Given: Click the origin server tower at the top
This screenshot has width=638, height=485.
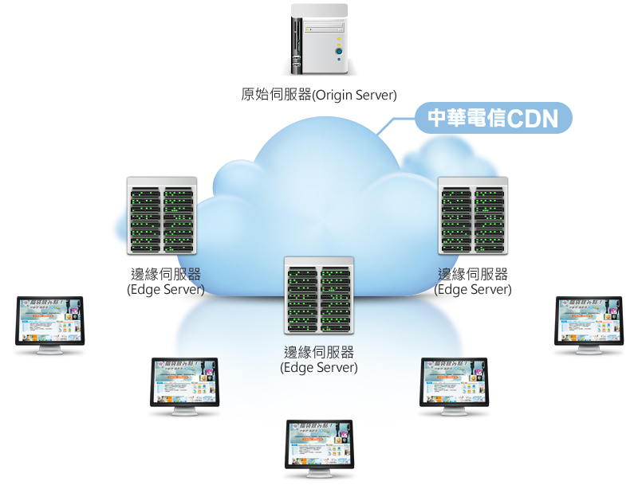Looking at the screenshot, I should point(318,40).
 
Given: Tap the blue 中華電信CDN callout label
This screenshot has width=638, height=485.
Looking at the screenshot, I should point(494,119).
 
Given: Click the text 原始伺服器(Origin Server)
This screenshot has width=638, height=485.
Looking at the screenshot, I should point(318,95).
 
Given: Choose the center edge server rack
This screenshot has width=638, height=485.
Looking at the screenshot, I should point(319,295).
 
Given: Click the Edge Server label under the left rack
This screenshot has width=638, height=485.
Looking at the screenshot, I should point(166,282).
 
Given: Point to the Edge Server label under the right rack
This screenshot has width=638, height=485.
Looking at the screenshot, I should point(473,282).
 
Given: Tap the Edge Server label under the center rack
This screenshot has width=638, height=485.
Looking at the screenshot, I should point(319,360).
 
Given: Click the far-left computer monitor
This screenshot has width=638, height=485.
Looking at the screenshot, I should point(49,320).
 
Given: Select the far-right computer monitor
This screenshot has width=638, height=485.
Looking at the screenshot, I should point(589,320).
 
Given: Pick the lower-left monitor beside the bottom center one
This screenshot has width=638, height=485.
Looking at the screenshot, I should point(185,381).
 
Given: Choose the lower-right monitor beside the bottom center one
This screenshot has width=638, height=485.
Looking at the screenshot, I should point(454,381).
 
